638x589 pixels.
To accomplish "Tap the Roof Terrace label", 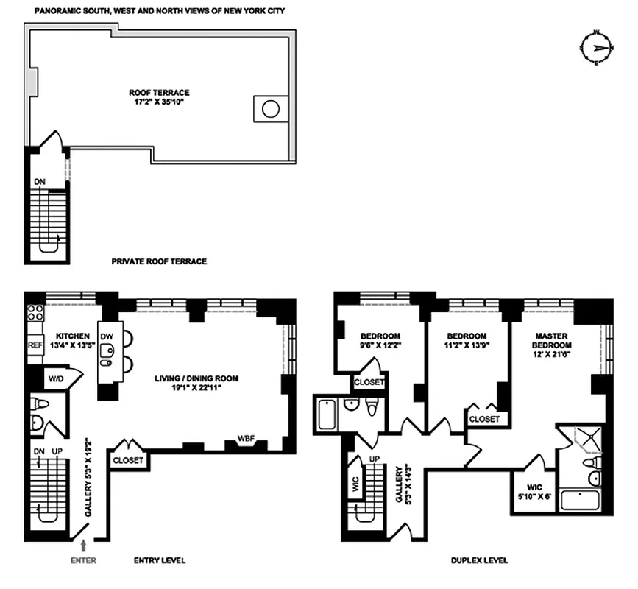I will pyautogui.click(x=159, y=93).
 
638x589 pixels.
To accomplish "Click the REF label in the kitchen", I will pyautogui.click(x=35, y=345).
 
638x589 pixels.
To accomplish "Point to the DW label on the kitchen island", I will pyautogui.click(x=107, y=333).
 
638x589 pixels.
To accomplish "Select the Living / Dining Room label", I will pyautogui.click(x=196, y=378).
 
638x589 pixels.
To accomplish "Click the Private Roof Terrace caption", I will pyautogui.click(x=159, y=261).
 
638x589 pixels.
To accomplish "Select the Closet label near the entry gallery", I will pyautogui.click(x=129, y=460).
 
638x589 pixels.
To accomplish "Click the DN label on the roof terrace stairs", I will pyautogui.click(x=38, y=181).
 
